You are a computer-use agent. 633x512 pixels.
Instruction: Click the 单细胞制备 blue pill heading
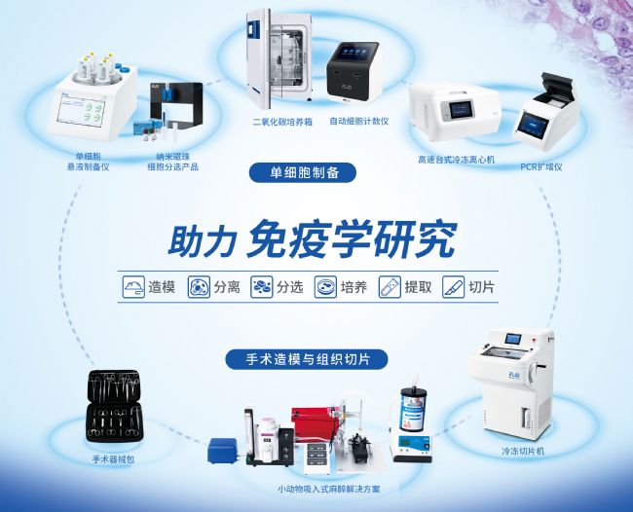pyautogui.click(x=303, y=173)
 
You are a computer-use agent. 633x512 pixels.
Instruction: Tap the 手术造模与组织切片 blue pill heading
pyautogui.click(x=307, y=359)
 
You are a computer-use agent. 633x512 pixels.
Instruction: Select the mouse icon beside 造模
pyautogui.click(x=133, y=287)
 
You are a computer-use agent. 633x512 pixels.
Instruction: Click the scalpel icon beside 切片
pyautogui.click(x=453, y=287)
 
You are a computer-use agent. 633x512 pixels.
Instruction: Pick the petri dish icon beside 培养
pyautogui.click(x=325, y=287)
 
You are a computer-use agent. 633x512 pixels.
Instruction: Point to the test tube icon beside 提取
pyautogui.click(x=390, y=287)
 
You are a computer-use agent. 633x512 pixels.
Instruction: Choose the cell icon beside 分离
pyautogui.click(x=199, y=287)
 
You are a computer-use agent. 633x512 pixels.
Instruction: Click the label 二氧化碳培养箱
pyautogui.click(x=282, y=122)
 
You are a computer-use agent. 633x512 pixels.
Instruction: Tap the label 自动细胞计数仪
pyautogui.click(x=359, y=121)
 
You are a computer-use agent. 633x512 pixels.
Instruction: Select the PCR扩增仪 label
pyautogui.click(x=541, y=166)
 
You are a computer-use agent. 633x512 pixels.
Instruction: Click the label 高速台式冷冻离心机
pyautogui.click(x=456, y=160)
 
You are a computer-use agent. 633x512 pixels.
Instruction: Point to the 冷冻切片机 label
pyautogui.click(x=523, y=451)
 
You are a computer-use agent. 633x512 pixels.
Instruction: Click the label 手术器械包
pyautogui.click(x=113, y=459)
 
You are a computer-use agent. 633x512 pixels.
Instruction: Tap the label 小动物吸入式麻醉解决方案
pyautogui.click(x=328, y=489)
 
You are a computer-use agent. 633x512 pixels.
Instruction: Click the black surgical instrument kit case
pyautogui.click(x=114, y=406)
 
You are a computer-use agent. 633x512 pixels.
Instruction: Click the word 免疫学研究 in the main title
pyautogui.click(x=352, y=238)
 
